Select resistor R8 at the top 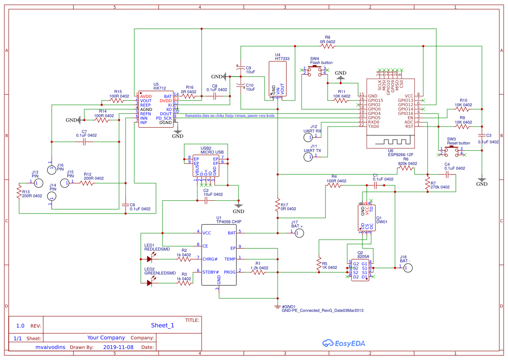click(327, 46)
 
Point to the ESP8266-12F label click(401, 154)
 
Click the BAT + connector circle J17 click(298, 233)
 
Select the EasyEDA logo click(344, 343)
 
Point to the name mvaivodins click(50, 347)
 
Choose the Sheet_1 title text click(162, 325)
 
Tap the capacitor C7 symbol click(84, 142)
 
